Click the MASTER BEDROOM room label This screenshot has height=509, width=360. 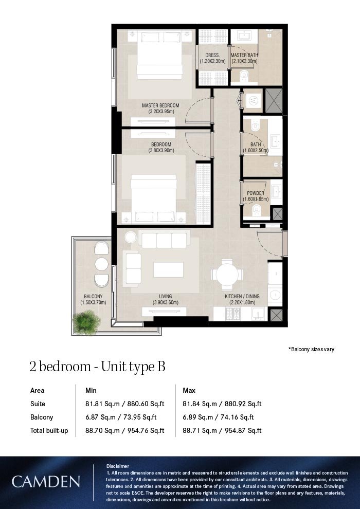(x=160, y=105)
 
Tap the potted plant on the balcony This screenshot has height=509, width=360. (x=86, y=322)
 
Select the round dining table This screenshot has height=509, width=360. (x=227, y=275)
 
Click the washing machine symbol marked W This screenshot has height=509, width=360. (x=253, y=101)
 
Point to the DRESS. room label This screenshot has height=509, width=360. (x=212, y=56)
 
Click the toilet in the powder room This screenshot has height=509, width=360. (x=257, y=210)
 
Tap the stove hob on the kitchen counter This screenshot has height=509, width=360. (x=233, y=314)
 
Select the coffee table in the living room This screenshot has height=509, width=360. (x=168, y=270)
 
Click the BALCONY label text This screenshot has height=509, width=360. (x=93, y=296)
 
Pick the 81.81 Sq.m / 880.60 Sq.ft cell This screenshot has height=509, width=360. (x=124, y=404)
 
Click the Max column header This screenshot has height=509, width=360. (x=189, y=390)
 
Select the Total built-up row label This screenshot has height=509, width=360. (x=49, y=430)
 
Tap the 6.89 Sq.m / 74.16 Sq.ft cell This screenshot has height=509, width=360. (x=218, y=417)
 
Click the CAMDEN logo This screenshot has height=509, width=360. (x=46, y=482)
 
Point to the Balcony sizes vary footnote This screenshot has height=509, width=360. (x=311, y=349)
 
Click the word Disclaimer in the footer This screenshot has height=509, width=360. (x=117, y=466)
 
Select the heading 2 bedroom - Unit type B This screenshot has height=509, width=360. (x=97, y=367)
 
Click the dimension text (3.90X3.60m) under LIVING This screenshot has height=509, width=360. (x=165, y=303)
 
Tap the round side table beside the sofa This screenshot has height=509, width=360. (x=131, y=238)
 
